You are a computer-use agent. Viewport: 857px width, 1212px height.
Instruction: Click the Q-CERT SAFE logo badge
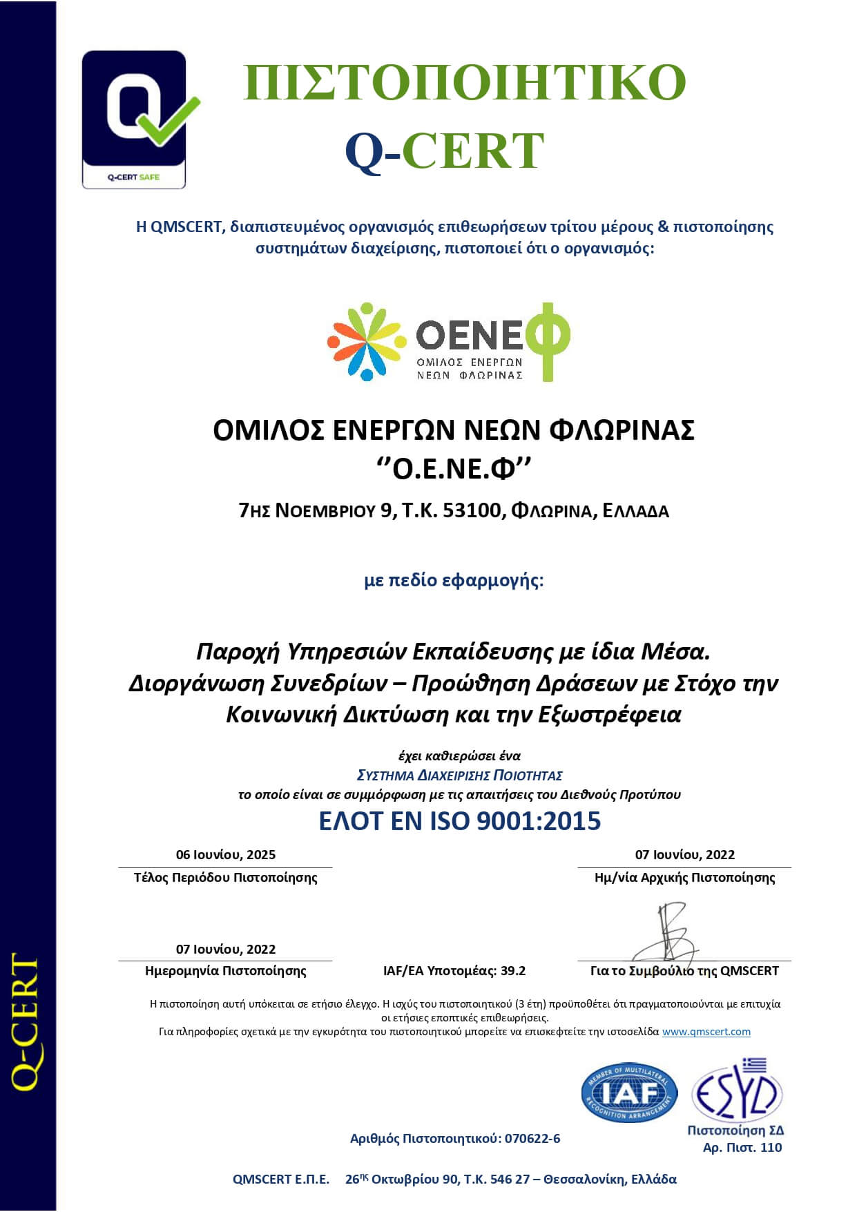[x=135, y=119]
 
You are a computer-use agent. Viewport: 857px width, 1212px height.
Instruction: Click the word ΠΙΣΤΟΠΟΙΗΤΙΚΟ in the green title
[x=464, y=81]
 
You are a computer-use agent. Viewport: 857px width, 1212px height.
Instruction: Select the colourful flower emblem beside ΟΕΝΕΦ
[x=365, y=340]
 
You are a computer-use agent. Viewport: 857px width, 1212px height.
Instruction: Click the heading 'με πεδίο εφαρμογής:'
[x=454, y=580]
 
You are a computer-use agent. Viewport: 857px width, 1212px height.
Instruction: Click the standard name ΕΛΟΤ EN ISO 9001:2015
[x=459, y=820]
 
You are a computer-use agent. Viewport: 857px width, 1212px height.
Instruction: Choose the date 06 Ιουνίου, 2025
[x=226, y=854]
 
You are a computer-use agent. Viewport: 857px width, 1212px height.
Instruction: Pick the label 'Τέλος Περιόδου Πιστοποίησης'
[x=226, y=878]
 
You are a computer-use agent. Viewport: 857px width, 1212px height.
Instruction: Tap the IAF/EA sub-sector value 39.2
[x=513, y=971]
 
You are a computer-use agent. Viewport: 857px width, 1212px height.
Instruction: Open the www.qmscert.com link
[x=706, y=1032]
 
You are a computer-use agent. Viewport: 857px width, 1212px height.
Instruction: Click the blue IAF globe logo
[x=628, y=1092]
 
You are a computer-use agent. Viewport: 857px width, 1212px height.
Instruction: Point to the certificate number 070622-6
[x=532, y=1139]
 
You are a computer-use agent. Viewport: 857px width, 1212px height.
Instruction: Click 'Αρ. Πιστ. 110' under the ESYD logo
[x=742, y=1148]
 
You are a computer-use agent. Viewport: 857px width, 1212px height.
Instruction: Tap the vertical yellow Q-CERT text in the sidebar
[x=26, y=1022]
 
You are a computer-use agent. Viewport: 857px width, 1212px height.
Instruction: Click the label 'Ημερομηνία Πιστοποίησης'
[x=226, y=971]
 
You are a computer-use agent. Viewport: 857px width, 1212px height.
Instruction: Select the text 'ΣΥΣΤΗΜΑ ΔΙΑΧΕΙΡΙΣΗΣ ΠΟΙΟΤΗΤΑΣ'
[x=459, y=776]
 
